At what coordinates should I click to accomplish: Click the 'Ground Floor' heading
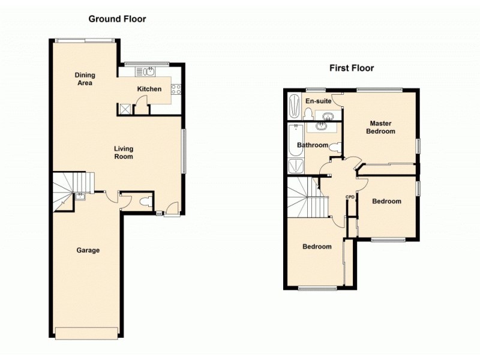click(117, 19)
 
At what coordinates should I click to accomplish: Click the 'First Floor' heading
click(351, 68)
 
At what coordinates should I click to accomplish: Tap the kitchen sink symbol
click(148, 72)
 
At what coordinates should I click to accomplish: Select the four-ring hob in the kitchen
click(176, 89)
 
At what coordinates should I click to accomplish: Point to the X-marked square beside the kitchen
click(125, 109)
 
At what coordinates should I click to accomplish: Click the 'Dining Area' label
click(85, 79)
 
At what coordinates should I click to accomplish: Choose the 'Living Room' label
click(124, 152)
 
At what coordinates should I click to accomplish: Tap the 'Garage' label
click(88, 250)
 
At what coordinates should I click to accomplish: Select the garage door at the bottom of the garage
click(88, 332)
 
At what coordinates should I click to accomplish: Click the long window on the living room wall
click(184, 152)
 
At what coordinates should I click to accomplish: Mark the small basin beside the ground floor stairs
click(80, 195)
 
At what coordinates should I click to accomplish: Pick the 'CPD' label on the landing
click(350, 197)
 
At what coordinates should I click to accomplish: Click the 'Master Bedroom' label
click(381, 127)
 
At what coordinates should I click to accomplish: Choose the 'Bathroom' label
click(312, 145)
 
